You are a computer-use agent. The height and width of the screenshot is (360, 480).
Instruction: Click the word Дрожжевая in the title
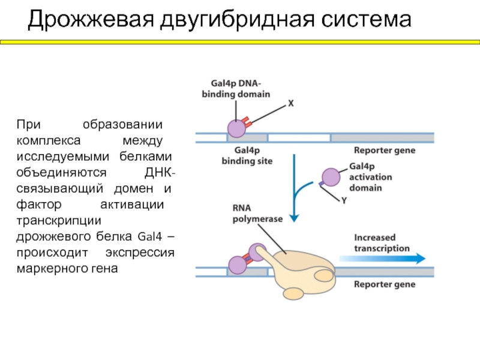[x=91, y=20]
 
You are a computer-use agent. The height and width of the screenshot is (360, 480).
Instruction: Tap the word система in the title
[x=366, y=20]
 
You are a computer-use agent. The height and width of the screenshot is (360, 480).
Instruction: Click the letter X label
[x=291, y=103]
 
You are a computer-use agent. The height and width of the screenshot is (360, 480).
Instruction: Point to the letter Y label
[x=344, y=200]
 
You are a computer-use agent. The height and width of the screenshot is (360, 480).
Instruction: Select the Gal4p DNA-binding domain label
[x=236, y=89]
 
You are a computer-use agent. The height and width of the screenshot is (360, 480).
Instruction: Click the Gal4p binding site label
[x=247, y=155]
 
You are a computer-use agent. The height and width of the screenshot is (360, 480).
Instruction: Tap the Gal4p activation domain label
[x=370, y=177]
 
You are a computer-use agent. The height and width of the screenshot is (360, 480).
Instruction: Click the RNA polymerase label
[x=257, y=214]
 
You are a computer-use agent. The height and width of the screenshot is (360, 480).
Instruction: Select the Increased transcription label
[x=382, y=243]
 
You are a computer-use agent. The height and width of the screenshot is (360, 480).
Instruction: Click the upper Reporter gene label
[x=385, y=151]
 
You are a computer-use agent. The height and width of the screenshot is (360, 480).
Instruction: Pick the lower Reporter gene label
[x=385, y=284]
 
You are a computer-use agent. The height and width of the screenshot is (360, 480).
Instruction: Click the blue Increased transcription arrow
[x=382, y=259]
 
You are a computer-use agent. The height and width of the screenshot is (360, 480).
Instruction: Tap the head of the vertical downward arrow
[x=294, y=218]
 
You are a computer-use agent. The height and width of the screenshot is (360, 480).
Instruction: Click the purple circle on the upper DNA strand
[x=236, y=128]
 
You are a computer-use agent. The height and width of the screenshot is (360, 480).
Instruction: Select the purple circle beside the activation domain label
[x=331, y=177]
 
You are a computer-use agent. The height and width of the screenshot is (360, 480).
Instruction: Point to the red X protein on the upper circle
[x=247, y=122]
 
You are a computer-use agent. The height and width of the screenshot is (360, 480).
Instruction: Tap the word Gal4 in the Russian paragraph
[x=149, y=236]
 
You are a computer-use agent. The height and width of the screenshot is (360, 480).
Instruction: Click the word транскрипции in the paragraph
[x=59, y=221]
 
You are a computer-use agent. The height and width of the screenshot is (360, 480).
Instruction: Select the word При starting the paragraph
[x=28, y=125]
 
